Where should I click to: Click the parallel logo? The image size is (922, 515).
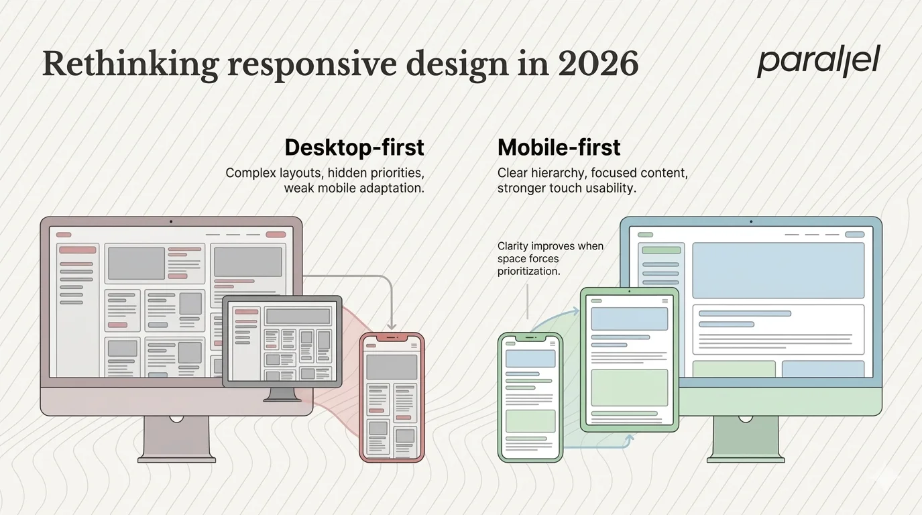818,62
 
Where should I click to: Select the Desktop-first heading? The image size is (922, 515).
354,147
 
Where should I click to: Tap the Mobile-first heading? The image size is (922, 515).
559,147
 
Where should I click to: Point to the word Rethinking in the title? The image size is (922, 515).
131,64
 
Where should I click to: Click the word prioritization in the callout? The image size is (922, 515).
528,271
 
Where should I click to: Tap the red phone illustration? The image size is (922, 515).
392,397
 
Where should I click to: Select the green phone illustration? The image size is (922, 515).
530,397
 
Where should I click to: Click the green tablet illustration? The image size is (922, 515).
629,359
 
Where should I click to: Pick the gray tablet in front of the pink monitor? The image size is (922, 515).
282,341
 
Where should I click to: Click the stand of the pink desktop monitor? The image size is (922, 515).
176,439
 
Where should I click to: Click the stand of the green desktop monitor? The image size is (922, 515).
745,439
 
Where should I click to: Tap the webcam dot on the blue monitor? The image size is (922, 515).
750,221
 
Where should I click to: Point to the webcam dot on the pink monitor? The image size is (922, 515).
171,221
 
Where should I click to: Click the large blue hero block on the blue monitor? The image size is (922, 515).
778,270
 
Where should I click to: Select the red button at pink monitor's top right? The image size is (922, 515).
276,235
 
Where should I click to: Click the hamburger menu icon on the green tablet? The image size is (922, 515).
665,300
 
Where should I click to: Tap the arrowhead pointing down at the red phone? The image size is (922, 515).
392,325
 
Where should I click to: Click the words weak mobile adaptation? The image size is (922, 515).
353,188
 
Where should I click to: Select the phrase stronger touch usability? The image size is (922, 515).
566,188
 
